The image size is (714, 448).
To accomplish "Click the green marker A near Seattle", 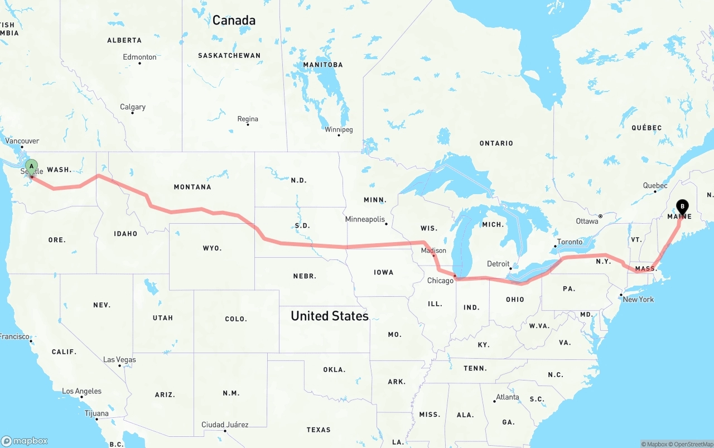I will [x=32, y=166].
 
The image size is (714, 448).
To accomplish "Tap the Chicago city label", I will [x=440, y=281].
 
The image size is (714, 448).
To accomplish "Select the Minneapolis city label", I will [x=365, y=219].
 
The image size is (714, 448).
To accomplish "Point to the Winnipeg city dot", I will [x=339, y=135].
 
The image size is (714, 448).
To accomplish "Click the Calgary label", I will [x=133, y=107].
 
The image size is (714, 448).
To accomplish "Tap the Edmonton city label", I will [x=139, y=57].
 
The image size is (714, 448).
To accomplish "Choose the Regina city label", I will [x=248, y=119].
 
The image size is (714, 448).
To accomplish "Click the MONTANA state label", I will [x=192, y=187].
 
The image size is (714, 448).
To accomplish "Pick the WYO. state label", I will [x=212, y=248].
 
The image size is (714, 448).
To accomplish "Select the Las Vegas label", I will [x=119, y=359].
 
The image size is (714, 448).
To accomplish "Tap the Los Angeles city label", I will [x=81, y=391].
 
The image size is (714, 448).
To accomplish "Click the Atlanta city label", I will [x=508, y=397].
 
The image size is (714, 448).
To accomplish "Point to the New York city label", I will [x=638, y=300].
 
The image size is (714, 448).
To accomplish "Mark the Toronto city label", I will [x=570, y=242].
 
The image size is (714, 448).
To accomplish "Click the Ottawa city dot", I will [x=600, y=216].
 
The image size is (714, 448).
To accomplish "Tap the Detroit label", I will [x=498, y=264].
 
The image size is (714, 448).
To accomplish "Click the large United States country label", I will [x=330, y=316].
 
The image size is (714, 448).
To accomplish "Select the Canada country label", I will [x=234, y=21].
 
